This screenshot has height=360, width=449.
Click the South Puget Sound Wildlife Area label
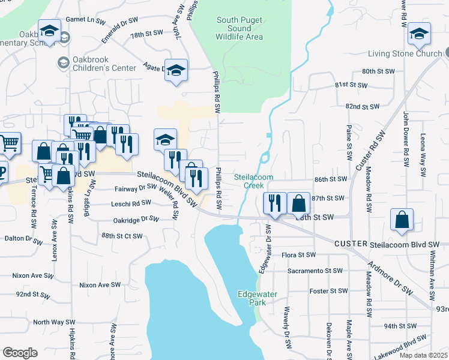point(240,28)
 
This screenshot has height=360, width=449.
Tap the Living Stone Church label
point(405,54)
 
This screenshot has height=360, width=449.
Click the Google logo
point(20,353)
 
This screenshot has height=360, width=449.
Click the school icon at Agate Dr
point(176,70)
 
